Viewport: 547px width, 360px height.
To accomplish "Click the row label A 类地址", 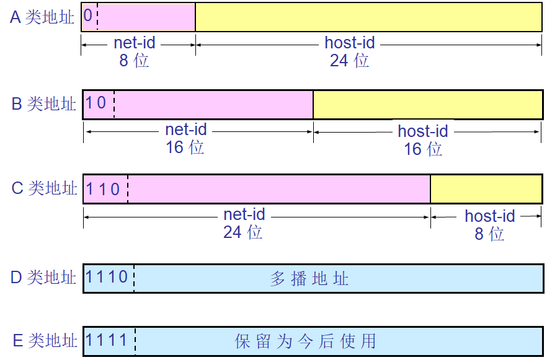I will click(x=42, y=17).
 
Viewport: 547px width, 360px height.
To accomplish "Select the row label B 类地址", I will click(x=43, y=103).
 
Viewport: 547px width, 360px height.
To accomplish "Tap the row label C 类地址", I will click(x=44, y=188).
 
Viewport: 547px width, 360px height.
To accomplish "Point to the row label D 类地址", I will click(x=43, y=277).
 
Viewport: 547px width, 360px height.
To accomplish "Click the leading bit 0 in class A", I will click(x=88, y=15).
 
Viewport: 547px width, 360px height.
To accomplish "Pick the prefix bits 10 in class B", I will click(x=96, y=102).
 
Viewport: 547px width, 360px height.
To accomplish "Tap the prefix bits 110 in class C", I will click(x=103, y=188).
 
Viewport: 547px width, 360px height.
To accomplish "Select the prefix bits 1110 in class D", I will click(x=107, y=276).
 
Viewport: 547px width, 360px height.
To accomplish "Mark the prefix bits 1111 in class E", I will click(x=107, y=340).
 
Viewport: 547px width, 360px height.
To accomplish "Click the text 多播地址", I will click(x=309, y=279).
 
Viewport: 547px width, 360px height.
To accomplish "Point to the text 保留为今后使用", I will click(x=306, y=341).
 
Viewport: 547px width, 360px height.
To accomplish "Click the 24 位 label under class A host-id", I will click(x=349, y=61).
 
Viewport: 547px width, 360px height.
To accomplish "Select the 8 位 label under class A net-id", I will click(x=134, y=61).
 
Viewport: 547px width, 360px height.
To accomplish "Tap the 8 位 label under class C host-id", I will click(x=489, y=234).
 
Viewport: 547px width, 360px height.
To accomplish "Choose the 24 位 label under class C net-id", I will click(x=242, y=232).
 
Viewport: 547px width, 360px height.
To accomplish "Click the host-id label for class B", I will click(x=423, y=131).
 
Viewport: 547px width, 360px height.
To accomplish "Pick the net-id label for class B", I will click(x=186, y=130).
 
